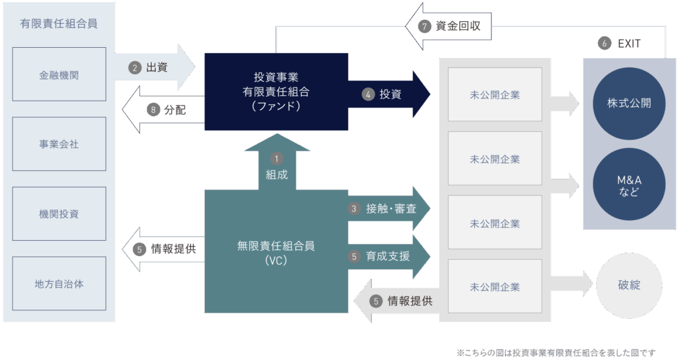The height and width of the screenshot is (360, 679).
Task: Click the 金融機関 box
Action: pos(58,74)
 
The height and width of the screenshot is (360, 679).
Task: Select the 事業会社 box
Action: pos(58,144)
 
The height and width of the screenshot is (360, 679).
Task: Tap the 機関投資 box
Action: pos(58,213)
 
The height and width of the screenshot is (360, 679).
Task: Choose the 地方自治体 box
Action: pos(58,284)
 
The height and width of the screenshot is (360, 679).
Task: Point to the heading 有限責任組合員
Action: pos(58,24)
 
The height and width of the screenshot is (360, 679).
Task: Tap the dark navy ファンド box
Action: pos(276,91)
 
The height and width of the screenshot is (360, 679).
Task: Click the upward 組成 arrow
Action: pos(277,166)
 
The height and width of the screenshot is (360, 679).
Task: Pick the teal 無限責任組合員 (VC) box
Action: pos(276,252)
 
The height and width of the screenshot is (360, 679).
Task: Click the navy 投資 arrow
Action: pos(391,94)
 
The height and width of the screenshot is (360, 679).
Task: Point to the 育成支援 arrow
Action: pos(389,256)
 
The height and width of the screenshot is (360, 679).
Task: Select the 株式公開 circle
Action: pos(629,103)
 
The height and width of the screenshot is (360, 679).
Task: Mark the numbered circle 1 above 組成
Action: pos(277,158)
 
